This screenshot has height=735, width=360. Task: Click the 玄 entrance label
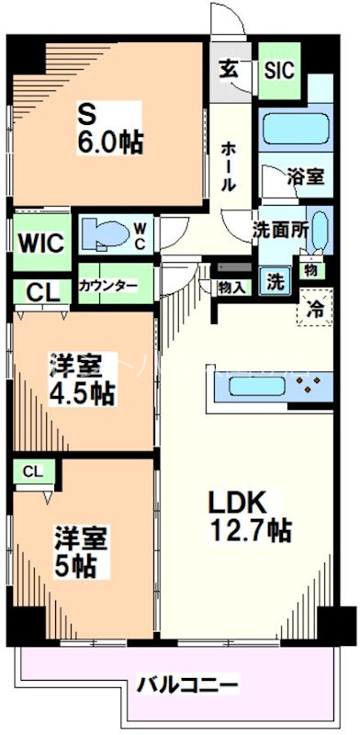[228, 67]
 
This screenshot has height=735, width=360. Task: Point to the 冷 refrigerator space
[314, 311]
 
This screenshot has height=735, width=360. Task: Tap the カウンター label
[108, 285]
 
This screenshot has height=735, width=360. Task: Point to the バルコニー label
[188, 684]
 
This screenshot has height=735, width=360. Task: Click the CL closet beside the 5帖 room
[33, 471]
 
